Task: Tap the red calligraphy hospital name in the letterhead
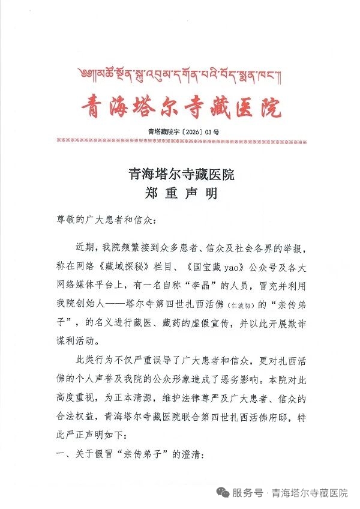point(181,107)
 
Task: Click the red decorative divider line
point(181,142)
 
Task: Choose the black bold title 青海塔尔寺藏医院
point(181,175)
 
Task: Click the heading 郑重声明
point(181,193)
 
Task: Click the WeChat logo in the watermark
point(223,493)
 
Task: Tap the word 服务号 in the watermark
point(248,493)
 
